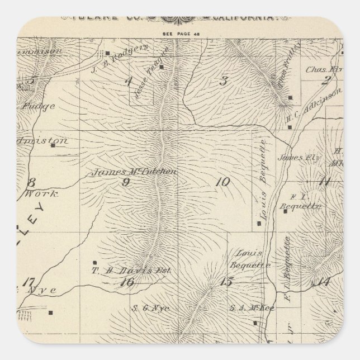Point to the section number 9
(126, 182)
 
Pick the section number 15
(225, 282)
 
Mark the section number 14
(323, 281)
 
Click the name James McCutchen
(134, 172)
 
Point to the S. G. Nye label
(144, 306)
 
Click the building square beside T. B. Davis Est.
(95, 262)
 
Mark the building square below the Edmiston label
(53, 145)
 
